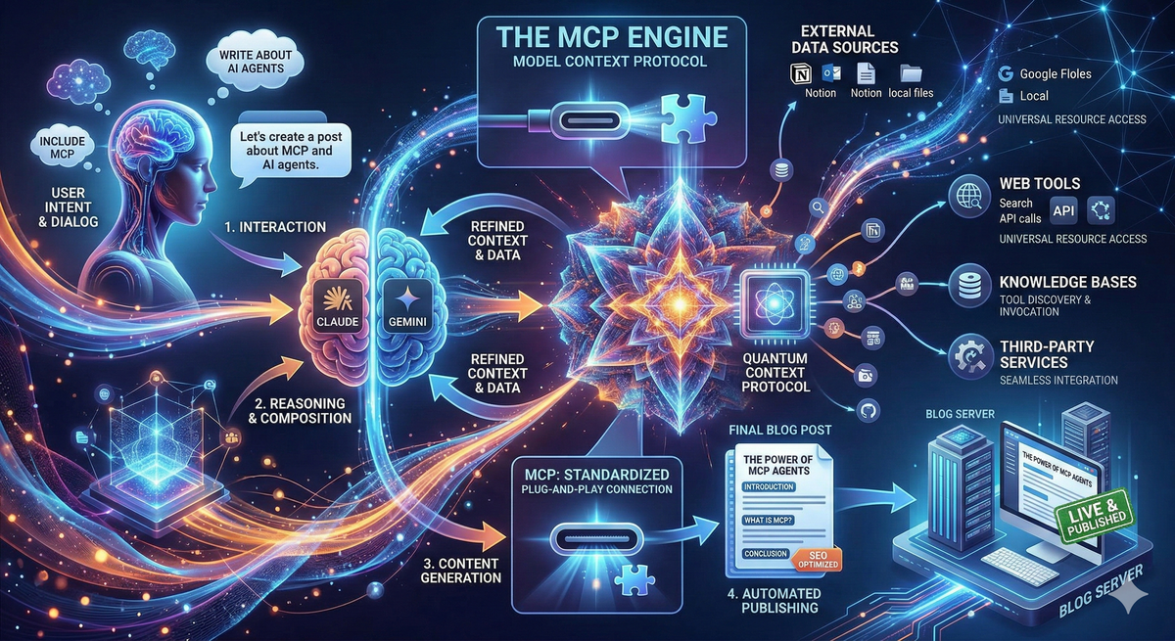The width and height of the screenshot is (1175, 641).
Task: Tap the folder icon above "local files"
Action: (x=910, y=73)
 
